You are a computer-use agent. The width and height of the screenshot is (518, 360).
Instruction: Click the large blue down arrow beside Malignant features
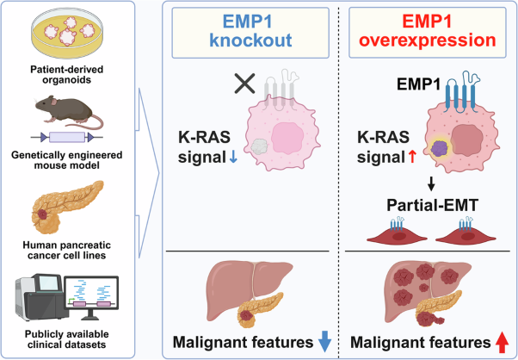324,341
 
